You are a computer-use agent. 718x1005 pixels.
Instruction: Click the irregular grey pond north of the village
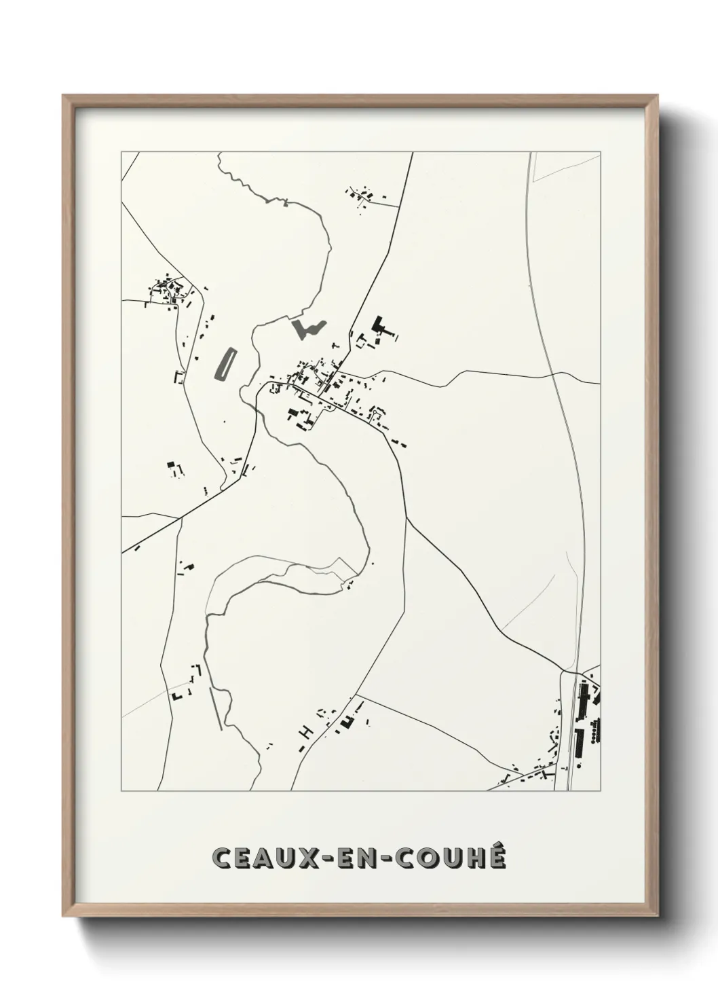(x=307, y=329)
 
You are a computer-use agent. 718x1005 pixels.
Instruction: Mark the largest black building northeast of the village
(x=381, y=326)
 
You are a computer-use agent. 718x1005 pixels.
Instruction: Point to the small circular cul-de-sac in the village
(x=375, y=412)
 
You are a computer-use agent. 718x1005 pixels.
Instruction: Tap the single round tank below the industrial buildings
(x=582, y=765)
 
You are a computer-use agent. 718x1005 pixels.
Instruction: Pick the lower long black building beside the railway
(x=579, y=742)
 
